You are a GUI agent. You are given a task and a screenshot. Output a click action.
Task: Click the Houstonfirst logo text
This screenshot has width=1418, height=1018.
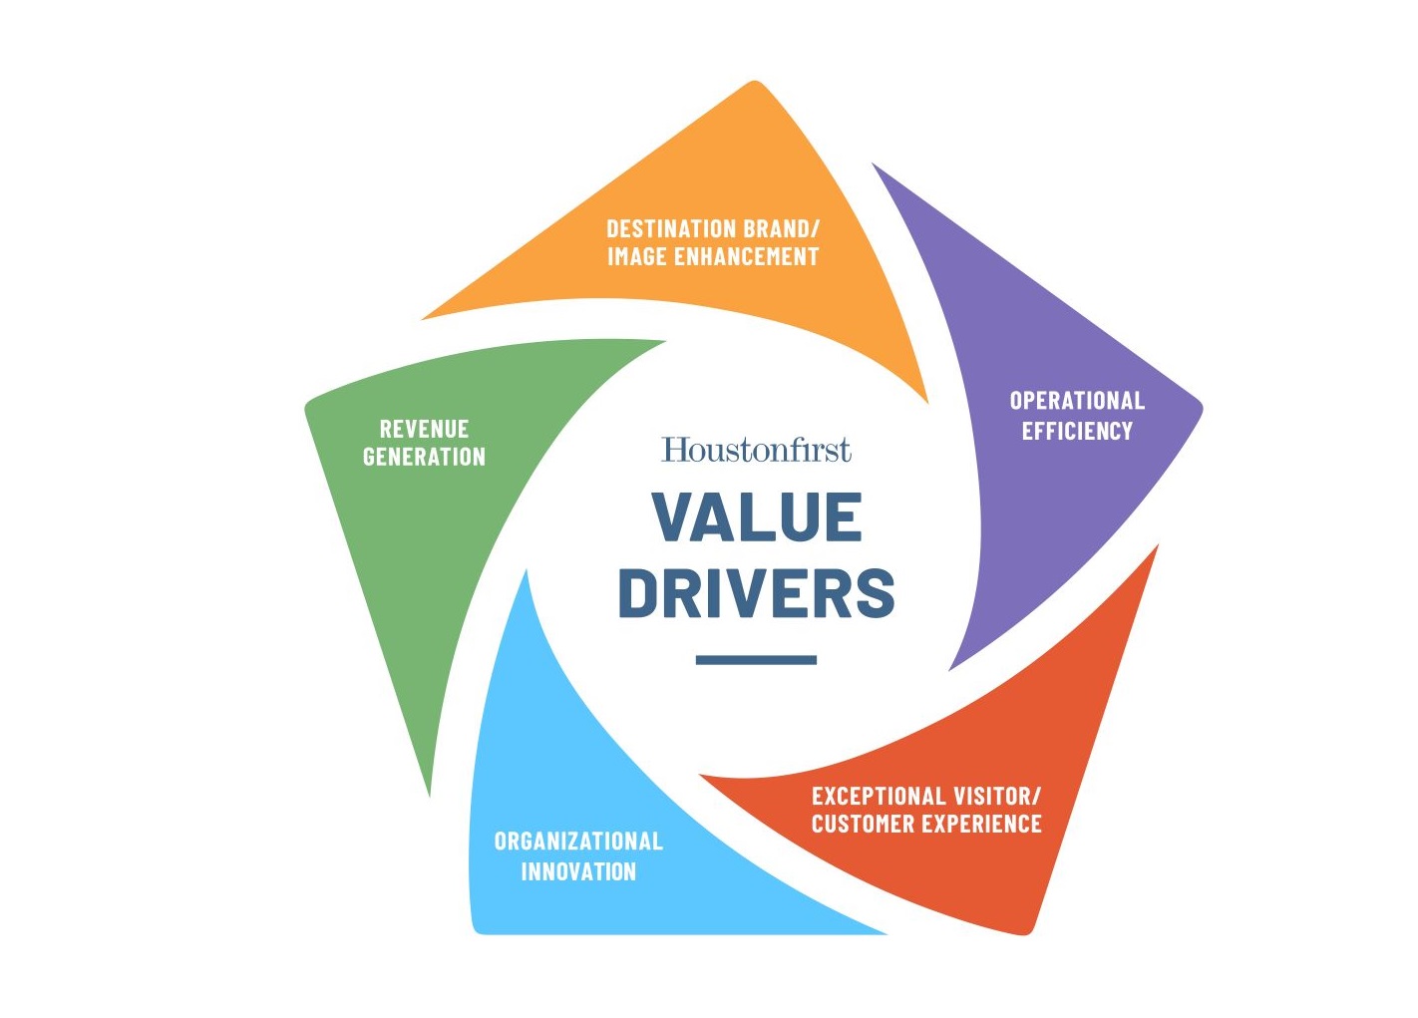(756, 450)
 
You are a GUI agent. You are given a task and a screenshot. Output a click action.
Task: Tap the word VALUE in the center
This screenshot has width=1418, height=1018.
(757, 517)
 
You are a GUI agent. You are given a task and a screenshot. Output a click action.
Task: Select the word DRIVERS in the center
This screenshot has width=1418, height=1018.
(757, 592)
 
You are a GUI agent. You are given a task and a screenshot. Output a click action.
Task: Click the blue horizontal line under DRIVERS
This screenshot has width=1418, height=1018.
(756, 660)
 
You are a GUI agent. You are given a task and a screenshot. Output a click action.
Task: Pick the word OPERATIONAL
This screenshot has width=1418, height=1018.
(1077, 401)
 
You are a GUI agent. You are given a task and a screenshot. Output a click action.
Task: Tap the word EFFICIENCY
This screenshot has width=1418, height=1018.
(1077, 431)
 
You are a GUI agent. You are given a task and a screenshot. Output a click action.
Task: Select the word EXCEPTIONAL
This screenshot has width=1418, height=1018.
(876, 796)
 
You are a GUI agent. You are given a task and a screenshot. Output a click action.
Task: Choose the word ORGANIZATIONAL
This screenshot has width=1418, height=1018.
(578, 842)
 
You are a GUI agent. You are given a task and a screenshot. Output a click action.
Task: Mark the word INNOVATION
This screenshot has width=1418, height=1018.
(578, 871)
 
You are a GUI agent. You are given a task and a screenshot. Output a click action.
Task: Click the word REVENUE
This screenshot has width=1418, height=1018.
(424, 429)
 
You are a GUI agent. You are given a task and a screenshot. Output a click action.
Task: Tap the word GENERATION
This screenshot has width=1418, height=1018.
(424, 457)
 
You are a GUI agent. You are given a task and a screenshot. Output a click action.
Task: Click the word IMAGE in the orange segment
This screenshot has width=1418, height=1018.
(637, 256)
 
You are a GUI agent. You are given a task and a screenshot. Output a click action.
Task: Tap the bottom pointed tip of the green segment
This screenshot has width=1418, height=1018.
(430, 795)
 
